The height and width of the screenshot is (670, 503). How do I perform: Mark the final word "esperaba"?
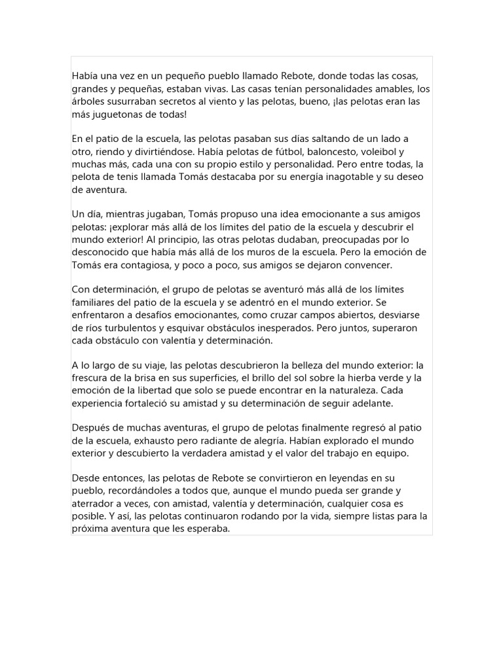208,528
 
